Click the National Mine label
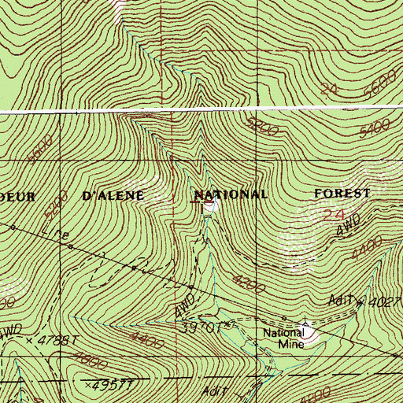coord(282,337)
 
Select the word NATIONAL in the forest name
coord(231,194)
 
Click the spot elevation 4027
coord(386,301)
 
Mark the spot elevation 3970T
coord(207,324)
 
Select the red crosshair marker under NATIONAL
coord(201,204)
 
